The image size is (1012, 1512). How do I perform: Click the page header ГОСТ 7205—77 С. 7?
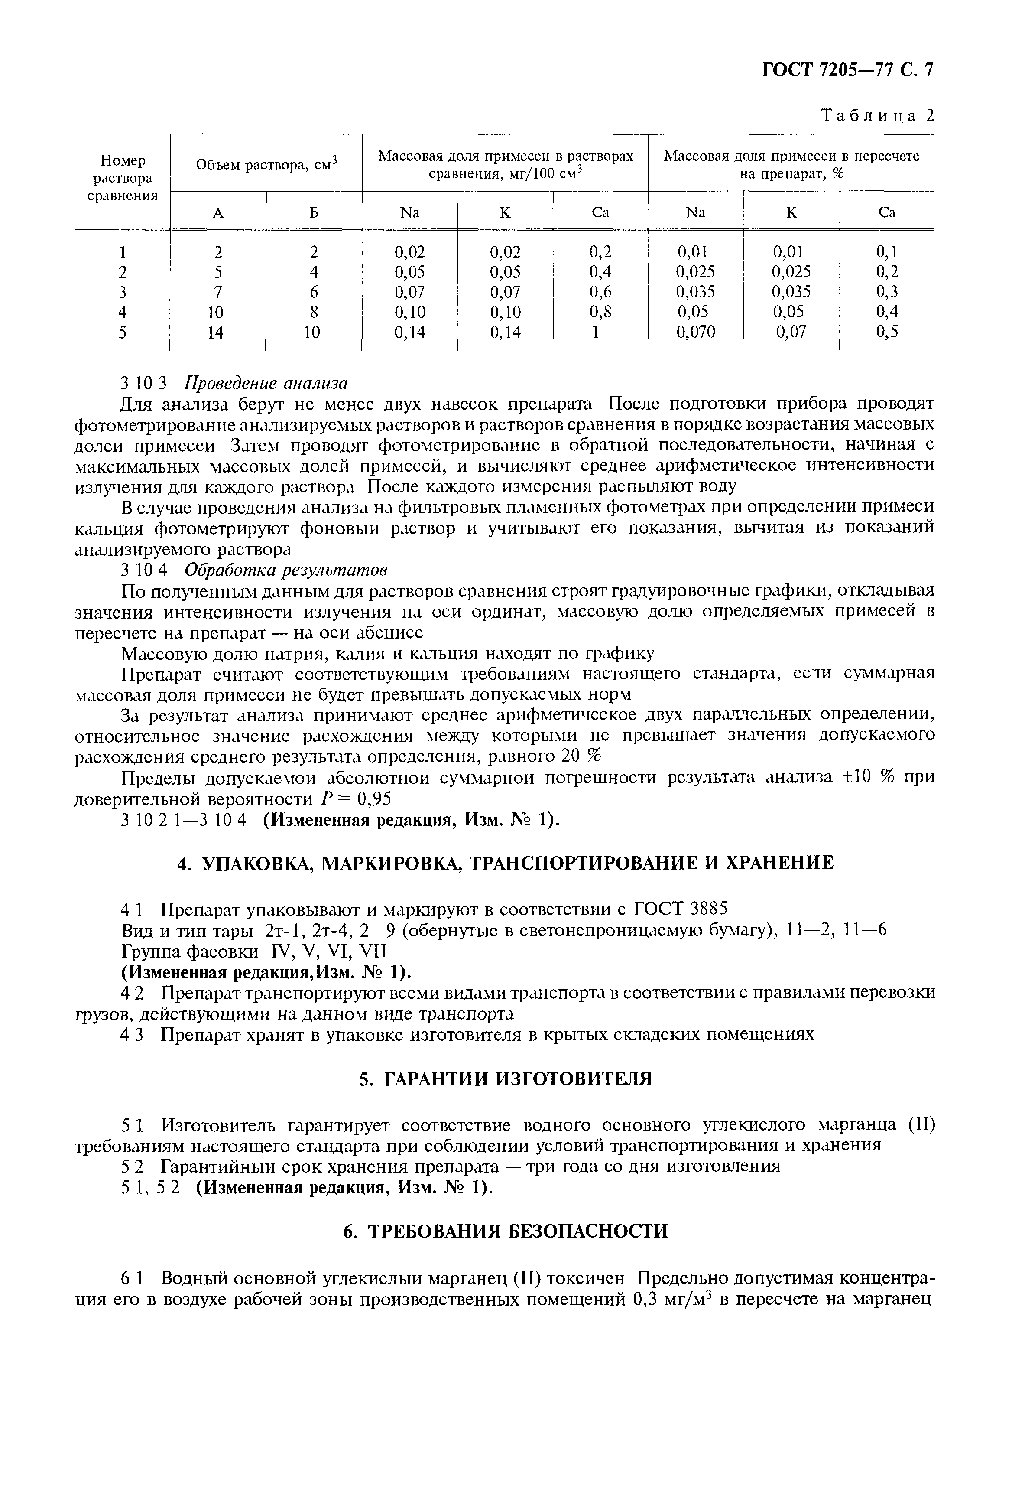(848, 70)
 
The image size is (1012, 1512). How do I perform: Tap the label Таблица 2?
(876, 116)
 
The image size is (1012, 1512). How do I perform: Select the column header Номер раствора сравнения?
(123, 178)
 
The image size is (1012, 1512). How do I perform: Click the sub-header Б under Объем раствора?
(314, 212)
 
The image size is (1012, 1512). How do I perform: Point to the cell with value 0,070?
(696, 332)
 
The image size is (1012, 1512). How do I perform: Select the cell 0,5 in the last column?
(887, 332)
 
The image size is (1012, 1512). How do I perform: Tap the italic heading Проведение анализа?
(266, 384)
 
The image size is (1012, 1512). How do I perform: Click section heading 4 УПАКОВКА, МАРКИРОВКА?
(506, 863)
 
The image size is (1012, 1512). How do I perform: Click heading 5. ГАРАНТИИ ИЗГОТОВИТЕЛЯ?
(506, 1079)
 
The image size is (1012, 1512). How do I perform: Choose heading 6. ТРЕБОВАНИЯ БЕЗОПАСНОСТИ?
(506, 1231)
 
